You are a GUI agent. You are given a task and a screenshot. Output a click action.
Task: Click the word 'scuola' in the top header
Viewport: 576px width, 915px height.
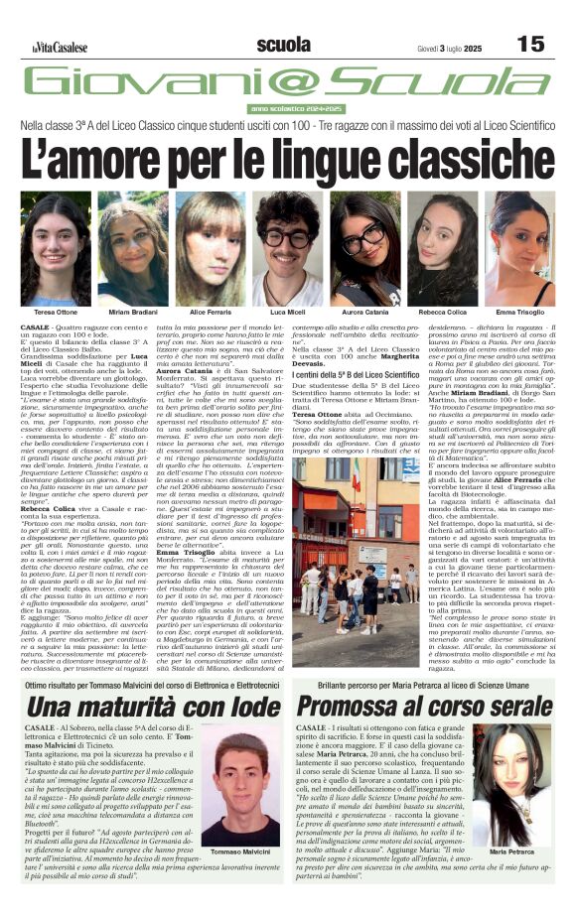(283, 45)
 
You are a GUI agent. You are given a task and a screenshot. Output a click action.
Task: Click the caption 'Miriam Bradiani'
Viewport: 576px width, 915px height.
(126, 313)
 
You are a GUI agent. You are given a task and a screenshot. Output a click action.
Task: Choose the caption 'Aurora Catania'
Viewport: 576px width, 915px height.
(365, 313)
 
